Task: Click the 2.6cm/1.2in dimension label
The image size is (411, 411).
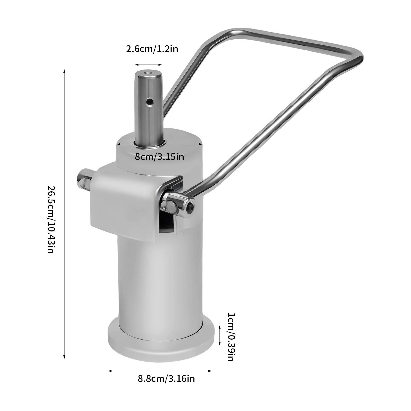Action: click(152, 49)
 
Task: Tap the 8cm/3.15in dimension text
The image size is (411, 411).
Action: click(159, 156)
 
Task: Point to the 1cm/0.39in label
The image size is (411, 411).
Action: click(230, 337)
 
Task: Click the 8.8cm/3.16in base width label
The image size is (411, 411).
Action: click(166, 379)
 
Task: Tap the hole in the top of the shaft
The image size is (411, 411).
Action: click(148, 73)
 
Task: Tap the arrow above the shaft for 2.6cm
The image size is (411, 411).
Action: click(148, 65)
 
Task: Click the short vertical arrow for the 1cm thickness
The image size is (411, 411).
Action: click(220, 335)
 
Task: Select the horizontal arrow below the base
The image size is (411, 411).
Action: click(160, 371)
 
